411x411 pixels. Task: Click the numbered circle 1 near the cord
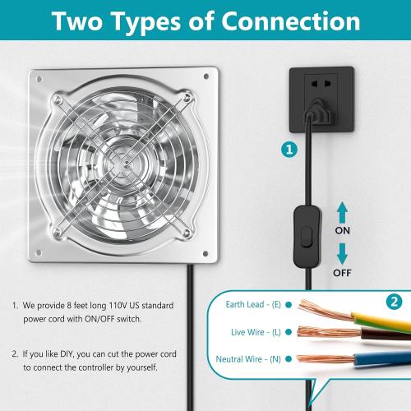(288, 150)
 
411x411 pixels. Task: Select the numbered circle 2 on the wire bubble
(395, 302)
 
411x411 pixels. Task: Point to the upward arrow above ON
(343, 212)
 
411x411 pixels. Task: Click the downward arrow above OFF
(343, 252)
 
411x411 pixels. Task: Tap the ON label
(343, 231)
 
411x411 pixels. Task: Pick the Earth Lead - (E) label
(253, 304)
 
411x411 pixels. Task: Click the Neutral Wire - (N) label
(249, 358)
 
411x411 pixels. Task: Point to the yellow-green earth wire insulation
(378, 316)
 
